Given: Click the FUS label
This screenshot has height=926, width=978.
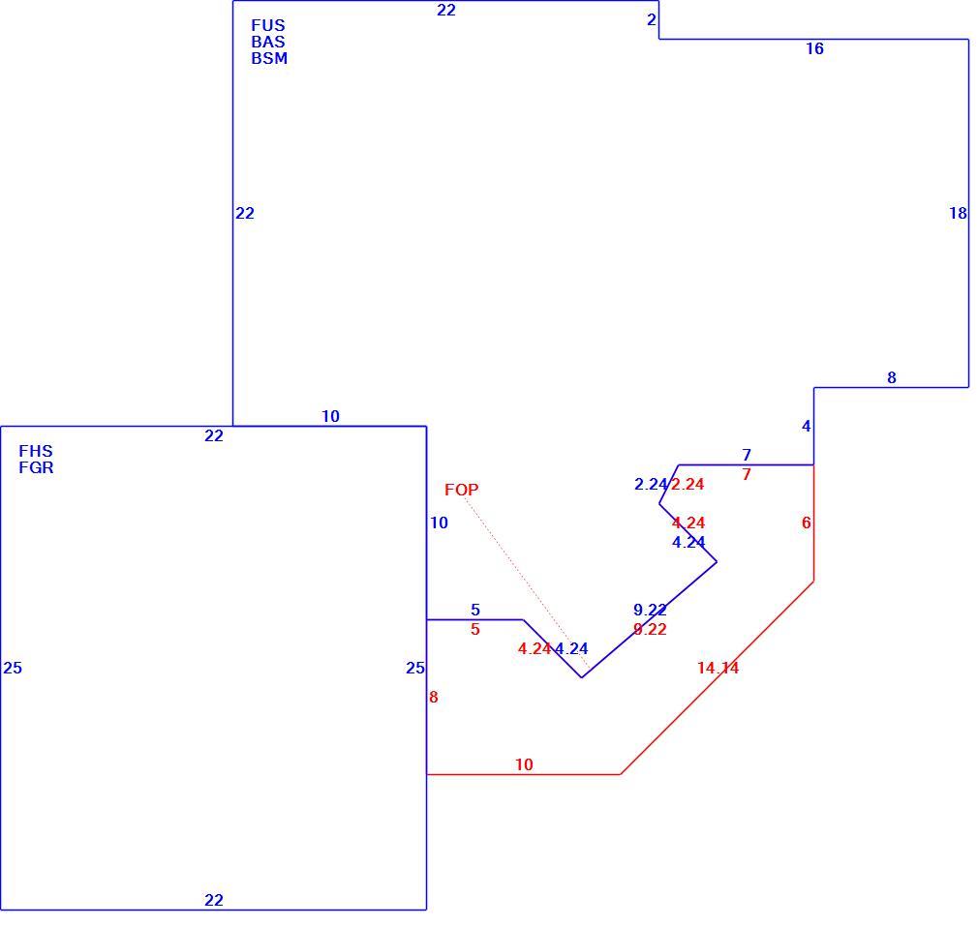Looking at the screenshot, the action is coord(268,25).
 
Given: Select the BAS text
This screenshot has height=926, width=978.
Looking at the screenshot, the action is coord(268,42).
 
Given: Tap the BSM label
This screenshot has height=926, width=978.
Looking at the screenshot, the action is coord(269,58).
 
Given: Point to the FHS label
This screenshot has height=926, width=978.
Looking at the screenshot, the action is coord(36,451).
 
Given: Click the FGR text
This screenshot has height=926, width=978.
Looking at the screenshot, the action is coord(36,467).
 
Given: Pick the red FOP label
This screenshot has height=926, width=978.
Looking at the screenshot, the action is coord(462,490).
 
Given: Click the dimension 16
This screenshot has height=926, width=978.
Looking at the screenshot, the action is coord(814,48).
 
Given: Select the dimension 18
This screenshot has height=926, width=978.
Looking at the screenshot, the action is coord(958,213).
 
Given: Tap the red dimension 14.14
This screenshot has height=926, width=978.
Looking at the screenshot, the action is coord(718,668).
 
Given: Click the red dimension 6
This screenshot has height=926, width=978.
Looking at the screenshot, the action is coord(807,523).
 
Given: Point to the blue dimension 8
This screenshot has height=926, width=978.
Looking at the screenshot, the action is coord(892,377).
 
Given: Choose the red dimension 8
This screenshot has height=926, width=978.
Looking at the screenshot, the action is coord(434,698).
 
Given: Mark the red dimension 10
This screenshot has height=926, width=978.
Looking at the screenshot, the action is coord(524,764).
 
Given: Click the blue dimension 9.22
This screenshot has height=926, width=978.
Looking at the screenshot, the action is coord(650,610).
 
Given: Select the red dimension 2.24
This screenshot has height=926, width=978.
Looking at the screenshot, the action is coord(688,484).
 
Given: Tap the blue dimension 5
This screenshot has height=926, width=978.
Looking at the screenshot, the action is coord(475,610).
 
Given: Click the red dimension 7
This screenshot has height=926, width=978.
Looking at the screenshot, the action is coord(747,475).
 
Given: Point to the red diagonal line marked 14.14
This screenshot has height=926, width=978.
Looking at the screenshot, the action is coord(718,678).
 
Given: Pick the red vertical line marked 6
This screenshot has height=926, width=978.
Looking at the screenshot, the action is coord(814,523).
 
